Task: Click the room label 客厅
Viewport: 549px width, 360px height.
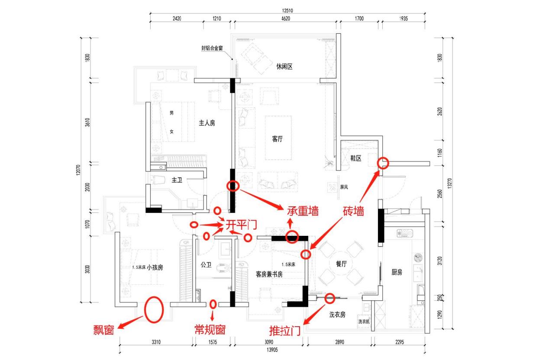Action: point(278,139)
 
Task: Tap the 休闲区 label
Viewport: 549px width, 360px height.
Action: point(284,67)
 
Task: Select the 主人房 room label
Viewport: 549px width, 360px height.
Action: point(207,123)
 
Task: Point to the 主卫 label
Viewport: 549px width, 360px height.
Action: point(177,180)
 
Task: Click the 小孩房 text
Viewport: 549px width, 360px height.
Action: point(154,267)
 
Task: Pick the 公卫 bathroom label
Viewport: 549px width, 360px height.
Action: point(206,264)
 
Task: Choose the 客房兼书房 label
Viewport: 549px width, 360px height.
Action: point(269,274)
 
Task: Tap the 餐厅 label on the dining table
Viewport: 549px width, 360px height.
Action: point(336,264)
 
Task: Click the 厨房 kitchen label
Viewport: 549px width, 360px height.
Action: point(397,272)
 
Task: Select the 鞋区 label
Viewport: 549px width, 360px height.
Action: point(355,159)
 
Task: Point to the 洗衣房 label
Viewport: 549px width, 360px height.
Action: point(337,315)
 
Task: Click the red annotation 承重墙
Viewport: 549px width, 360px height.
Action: point(303,211)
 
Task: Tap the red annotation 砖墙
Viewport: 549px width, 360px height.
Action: point(353,211)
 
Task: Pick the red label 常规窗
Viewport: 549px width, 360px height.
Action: point(210,330)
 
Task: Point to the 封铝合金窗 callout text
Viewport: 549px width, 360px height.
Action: point(212,48)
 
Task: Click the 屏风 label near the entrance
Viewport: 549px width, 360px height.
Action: point(344,188)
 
